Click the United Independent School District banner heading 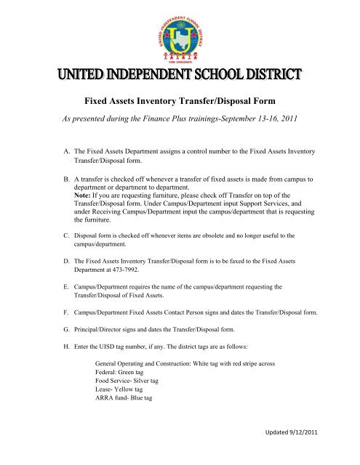coord(180,75)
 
